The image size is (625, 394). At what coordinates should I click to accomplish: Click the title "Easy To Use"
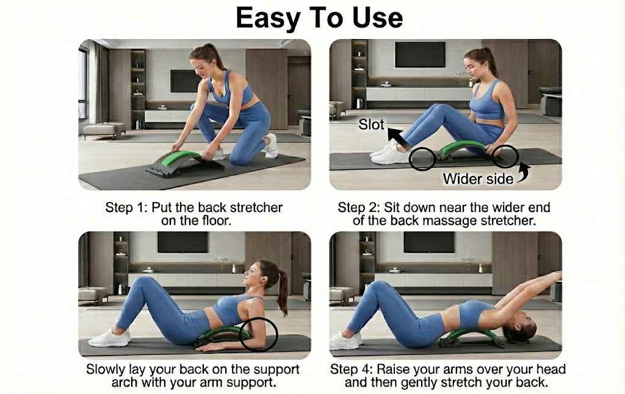tap(319, 18)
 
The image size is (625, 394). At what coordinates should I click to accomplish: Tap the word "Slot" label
tap(371, 125)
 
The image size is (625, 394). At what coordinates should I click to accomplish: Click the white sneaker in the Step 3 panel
tap(110, 338)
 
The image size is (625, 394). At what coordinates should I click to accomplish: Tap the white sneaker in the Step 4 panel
tap(345, 340)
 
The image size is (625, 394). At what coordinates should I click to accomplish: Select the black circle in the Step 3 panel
tap(259, 334)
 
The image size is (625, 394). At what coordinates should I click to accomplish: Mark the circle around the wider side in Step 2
tap(505, 156)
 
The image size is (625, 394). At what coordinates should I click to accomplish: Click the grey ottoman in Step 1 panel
tap(104, 130)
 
